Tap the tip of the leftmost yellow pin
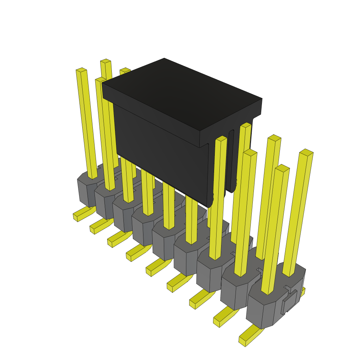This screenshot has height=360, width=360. (x=81, y=70)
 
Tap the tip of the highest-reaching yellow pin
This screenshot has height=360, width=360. (x=105, y=61)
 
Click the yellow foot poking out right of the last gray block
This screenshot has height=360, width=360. (x=302, y=291)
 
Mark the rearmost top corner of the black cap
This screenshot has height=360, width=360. (x=164, y=59)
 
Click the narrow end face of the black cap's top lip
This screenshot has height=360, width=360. (x=230, y=123)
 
